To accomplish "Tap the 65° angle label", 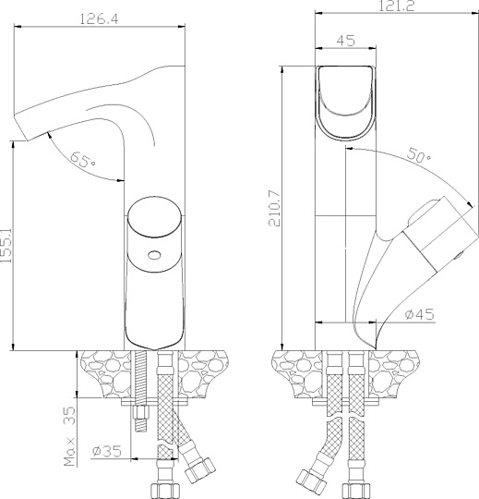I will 81,162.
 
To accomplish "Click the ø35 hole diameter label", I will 108,452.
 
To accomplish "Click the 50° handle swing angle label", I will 418,158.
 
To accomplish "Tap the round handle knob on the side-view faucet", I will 154,220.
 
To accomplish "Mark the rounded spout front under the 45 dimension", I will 347,101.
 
